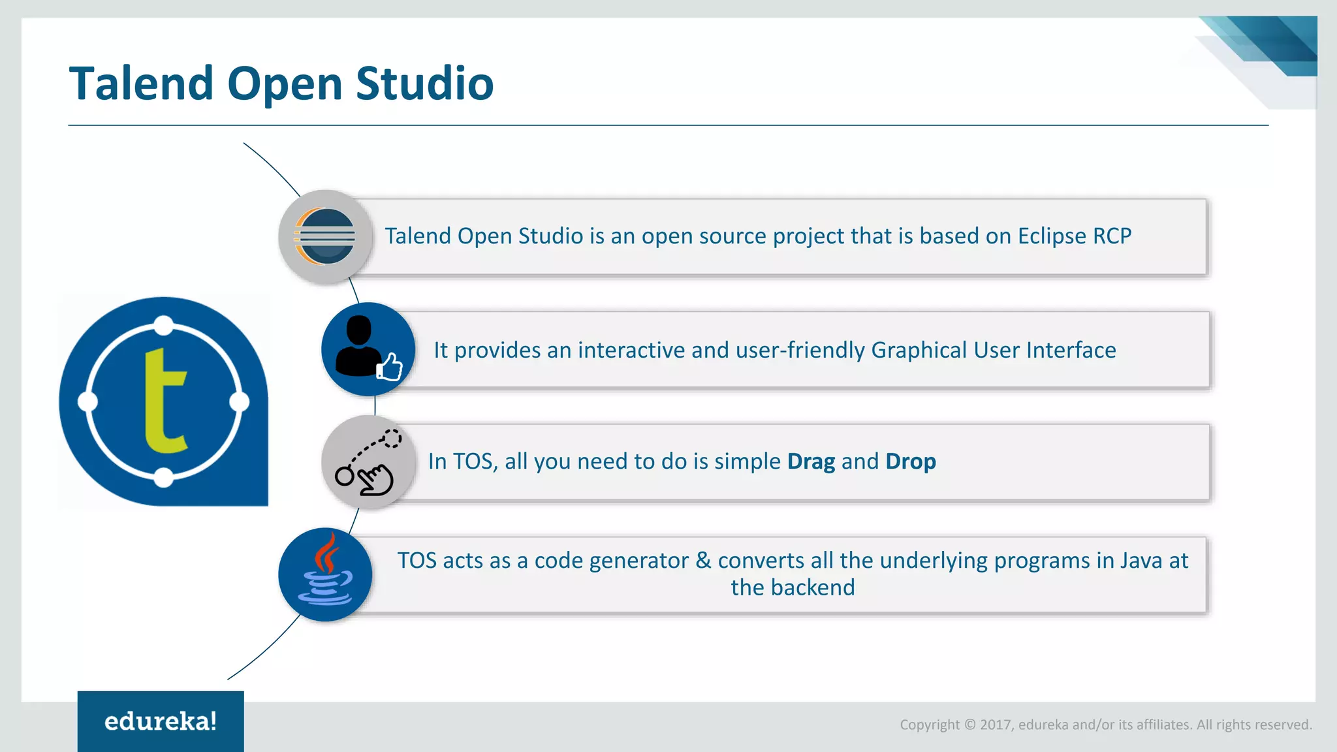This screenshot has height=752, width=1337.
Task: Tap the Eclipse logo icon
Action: (x=325, y=236)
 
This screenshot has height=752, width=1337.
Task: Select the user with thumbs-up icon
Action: (x=368, y=350)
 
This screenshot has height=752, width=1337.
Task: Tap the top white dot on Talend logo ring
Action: (x=164, y=324)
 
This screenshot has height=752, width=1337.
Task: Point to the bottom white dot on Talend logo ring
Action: (x=164, y=478)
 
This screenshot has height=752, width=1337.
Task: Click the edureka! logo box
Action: (x=161, y=721)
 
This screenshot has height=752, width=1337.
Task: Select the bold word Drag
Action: (x=811, y=462)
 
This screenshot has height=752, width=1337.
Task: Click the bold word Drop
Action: (x=911, y=462)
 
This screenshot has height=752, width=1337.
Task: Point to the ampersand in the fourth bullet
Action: (x=703, y=561)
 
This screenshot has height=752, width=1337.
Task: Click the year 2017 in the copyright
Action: (x=995, y=725)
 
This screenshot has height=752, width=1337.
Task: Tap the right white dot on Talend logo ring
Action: (x=240, y=401)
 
